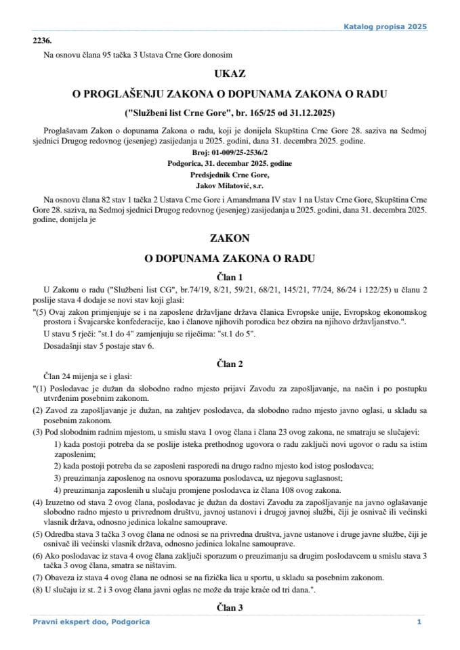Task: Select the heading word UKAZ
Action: [229, 74]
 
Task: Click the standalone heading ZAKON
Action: [229, 238]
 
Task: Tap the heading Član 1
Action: [229, 276]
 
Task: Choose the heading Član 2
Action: [229, 364]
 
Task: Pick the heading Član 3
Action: [229, 607]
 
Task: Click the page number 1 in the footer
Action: [419, 622]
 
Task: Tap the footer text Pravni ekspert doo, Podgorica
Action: [91, 622]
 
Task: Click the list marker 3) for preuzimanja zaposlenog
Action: [58, 479]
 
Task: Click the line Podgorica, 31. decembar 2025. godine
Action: [229, 163]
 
